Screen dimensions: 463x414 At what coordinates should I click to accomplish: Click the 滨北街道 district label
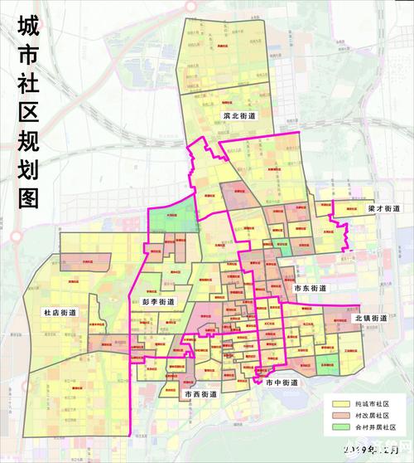click(x=238, y=116)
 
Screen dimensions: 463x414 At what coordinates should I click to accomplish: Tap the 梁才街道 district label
click(x=383, y=208)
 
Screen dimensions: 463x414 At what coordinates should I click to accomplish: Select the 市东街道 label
click(x=310, y=288)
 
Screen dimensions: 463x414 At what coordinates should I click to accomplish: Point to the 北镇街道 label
click(x=370, y=318)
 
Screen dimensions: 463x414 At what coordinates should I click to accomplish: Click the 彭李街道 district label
click(x=157, y=302)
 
